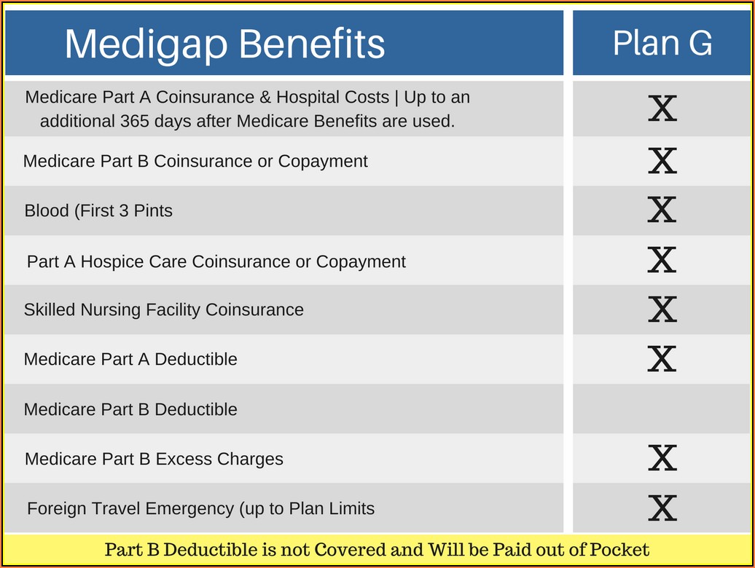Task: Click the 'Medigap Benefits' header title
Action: tap(225, 44)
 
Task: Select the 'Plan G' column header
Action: tap(662, 43)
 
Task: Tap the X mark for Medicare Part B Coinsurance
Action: tap(662, 161)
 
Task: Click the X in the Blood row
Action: tap(662, 210)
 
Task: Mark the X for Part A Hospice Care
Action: tap(662, 260)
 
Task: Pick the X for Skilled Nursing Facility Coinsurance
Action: tap(662, 309)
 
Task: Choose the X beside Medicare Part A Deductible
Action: tap(662, 359)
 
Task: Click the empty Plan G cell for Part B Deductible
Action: tap(662, 409)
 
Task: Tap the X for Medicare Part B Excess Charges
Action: tap(662, 458)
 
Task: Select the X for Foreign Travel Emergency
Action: tap(662, 508)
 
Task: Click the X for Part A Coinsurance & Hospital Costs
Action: tap(662, 109)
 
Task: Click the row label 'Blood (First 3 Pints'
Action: tap(98, 210)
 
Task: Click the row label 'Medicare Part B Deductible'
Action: tap(130, 409)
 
